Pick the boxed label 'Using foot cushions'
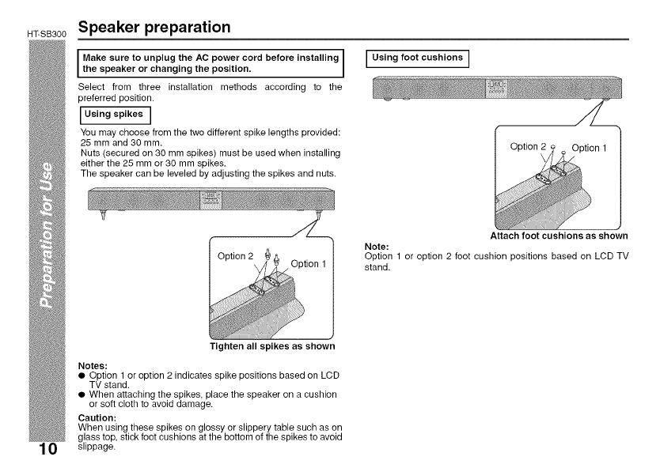417,58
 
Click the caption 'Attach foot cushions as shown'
559,235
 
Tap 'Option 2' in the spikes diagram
236,255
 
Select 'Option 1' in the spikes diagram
309,263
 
